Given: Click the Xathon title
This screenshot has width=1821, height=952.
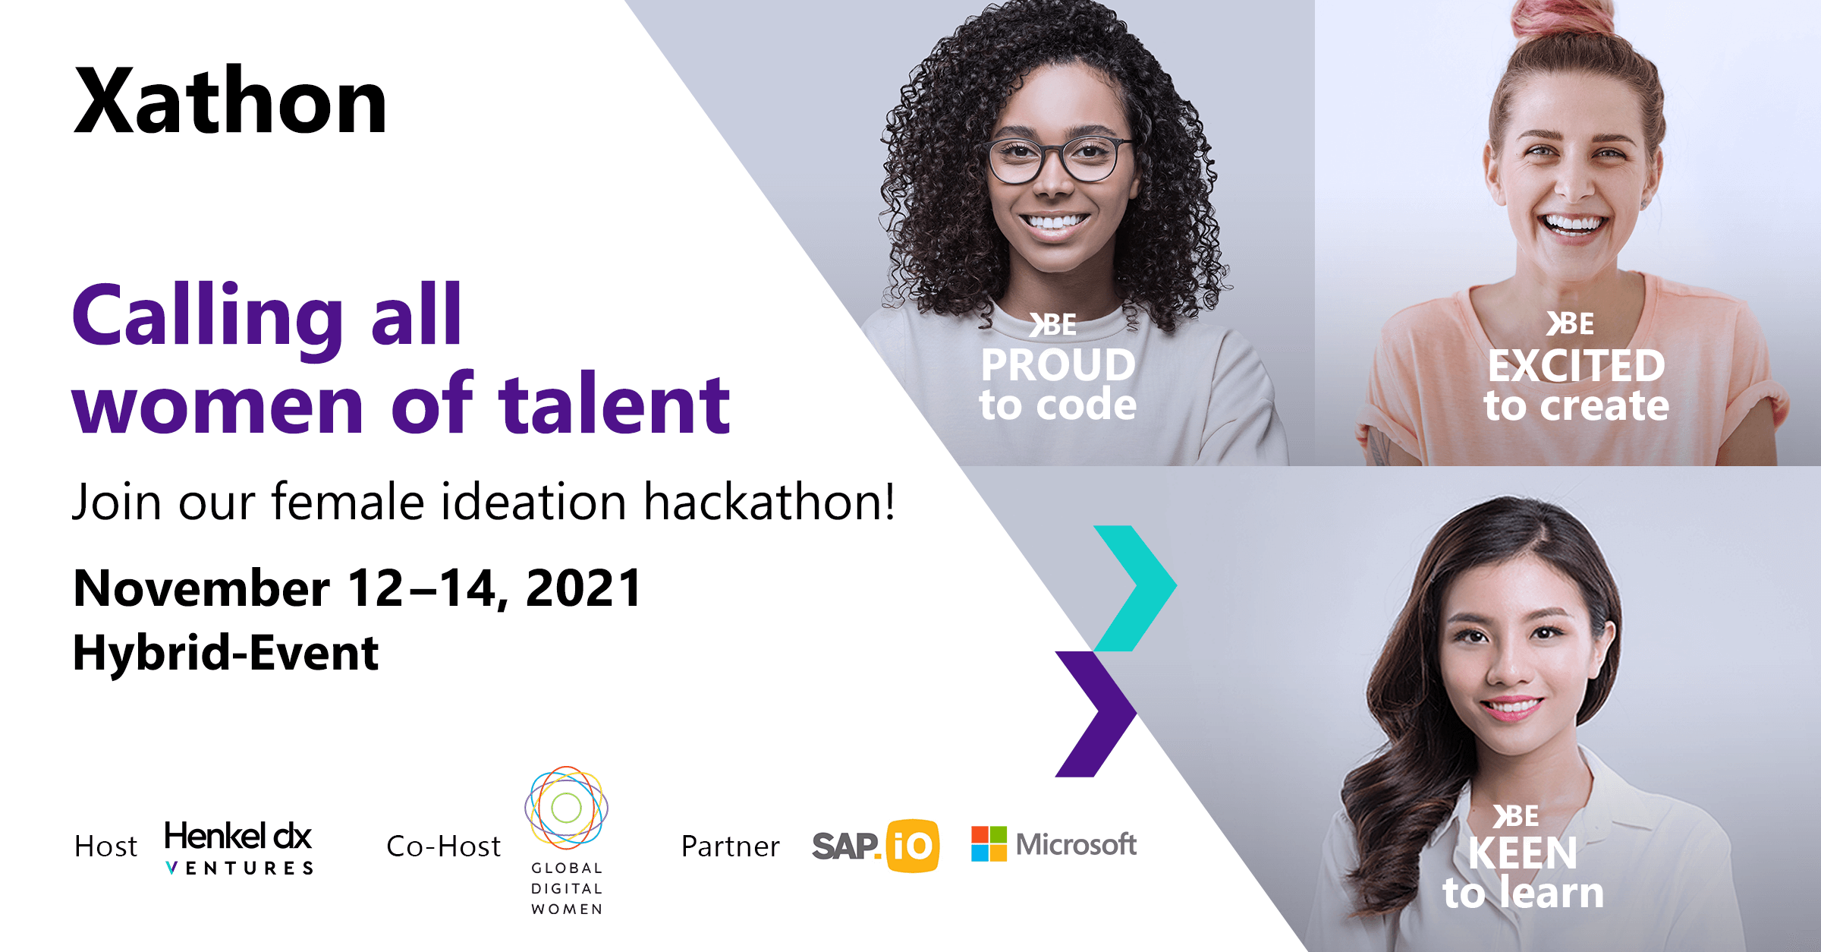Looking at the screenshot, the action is point(231,101).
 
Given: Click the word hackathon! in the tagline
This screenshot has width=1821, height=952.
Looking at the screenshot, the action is point(769,502).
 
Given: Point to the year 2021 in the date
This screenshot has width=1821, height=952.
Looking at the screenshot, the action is point(584,588).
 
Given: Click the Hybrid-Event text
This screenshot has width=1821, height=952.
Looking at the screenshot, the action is point(225,653).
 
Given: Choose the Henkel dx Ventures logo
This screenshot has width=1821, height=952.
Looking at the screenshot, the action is point(239,846).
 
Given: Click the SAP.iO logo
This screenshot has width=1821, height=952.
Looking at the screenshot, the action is point(876,846).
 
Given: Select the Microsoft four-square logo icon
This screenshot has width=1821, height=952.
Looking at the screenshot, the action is point(989,843).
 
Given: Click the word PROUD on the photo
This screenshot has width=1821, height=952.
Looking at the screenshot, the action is point(1058,365).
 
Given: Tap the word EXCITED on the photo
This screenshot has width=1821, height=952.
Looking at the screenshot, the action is point(1576,366).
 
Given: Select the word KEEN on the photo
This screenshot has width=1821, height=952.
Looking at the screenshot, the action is point(1522,853).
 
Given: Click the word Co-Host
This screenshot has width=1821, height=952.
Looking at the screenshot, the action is point(444,846).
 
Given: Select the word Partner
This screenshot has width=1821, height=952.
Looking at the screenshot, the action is point(730,846).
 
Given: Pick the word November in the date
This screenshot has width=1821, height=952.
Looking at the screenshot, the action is point(202,588).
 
